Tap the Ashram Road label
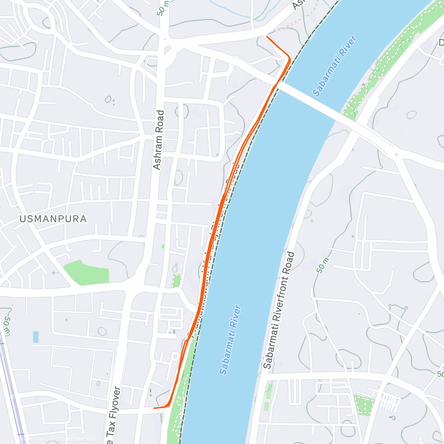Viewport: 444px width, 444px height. pyautogui.click(x=158, y=140)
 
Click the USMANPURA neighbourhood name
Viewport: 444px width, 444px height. pyautogui.click(x=53, y=219)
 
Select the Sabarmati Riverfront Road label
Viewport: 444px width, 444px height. pyautogui.click(x=279, y=310)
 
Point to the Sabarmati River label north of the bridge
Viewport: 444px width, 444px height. pyautogui.click(x=334, y=66)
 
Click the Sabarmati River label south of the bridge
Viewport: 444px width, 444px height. pyautogui.click(x=230, y=340)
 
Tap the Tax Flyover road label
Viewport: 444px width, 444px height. pyautogui.click(x=113, y=416)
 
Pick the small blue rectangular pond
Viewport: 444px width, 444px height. pyautogui.click(x=36, y=337)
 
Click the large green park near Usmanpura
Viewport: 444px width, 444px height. pyautogui.click(x=87, y=273)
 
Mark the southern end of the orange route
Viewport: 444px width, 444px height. pyautogui.click(x=154, y=408)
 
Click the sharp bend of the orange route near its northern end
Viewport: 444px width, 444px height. pyautogui.click(x=289, y=58)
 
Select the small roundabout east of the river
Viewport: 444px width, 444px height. pyautogui.click(x=396, y=154)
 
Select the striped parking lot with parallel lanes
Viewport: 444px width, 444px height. pyautogui.click(x=390, y=402)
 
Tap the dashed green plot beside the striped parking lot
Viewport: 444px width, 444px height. pyautogui.click(x=363, y=404)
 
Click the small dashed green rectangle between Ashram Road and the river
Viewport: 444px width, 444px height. pyautogui.click(x=177, y=281)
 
